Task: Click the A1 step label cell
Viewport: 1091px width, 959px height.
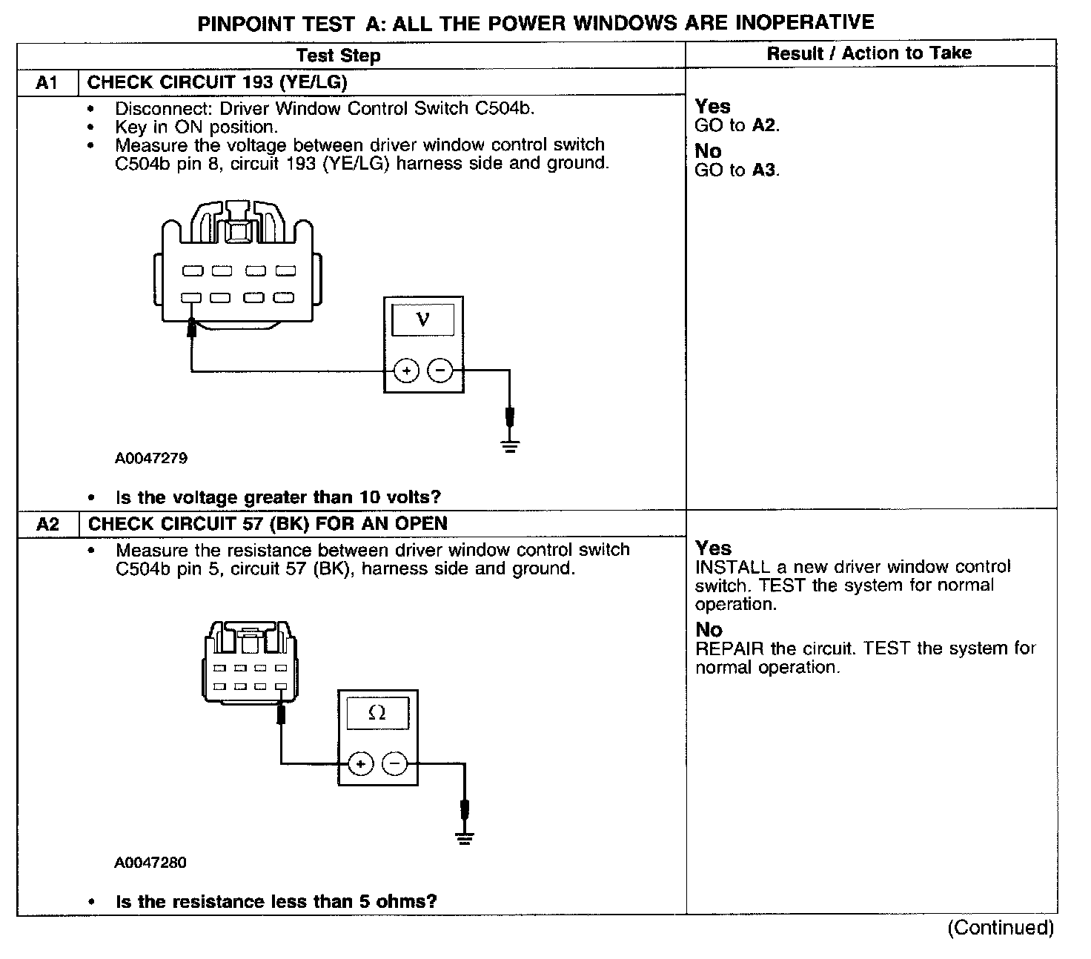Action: (x=47, y=82)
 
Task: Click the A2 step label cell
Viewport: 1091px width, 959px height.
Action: (x=47, y=525)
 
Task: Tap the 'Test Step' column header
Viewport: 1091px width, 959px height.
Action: (x=338, y=56)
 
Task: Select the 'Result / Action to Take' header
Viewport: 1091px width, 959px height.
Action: (x=869, y=53)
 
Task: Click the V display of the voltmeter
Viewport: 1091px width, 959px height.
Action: (x=423, y=320)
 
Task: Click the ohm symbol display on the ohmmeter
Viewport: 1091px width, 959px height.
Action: (x=377, y=713)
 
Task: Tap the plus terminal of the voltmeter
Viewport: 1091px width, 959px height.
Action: (x=406, y=370)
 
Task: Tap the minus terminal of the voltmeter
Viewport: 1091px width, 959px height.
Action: (x=440, y=370)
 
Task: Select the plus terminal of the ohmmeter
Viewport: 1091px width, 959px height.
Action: (x=360, y=763)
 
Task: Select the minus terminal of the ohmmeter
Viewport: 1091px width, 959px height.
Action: (x=395, y=763)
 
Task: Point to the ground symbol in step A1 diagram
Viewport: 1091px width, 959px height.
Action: (x=509, y=445)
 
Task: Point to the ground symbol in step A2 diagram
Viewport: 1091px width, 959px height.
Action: (x=465, y=838)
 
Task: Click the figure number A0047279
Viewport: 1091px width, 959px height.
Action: (x=151, y=458)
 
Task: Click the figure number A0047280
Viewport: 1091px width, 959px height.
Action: (x=150, y=863)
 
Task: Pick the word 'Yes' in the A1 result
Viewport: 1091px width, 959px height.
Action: (x=712, y=107)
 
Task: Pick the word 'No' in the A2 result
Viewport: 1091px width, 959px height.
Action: (x=709, y=630)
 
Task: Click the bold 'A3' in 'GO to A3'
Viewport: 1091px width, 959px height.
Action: (x=763, y=170)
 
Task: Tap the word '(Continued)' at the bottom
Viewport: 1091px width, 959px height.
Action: (x=1000, y=928)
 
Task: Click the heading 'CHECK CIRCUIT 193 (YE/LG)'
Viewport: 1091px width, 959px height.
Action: (x=217, y=82)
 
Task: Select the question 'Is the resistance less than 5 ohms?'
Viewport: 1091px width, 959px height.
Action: (x=276, y=902)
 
